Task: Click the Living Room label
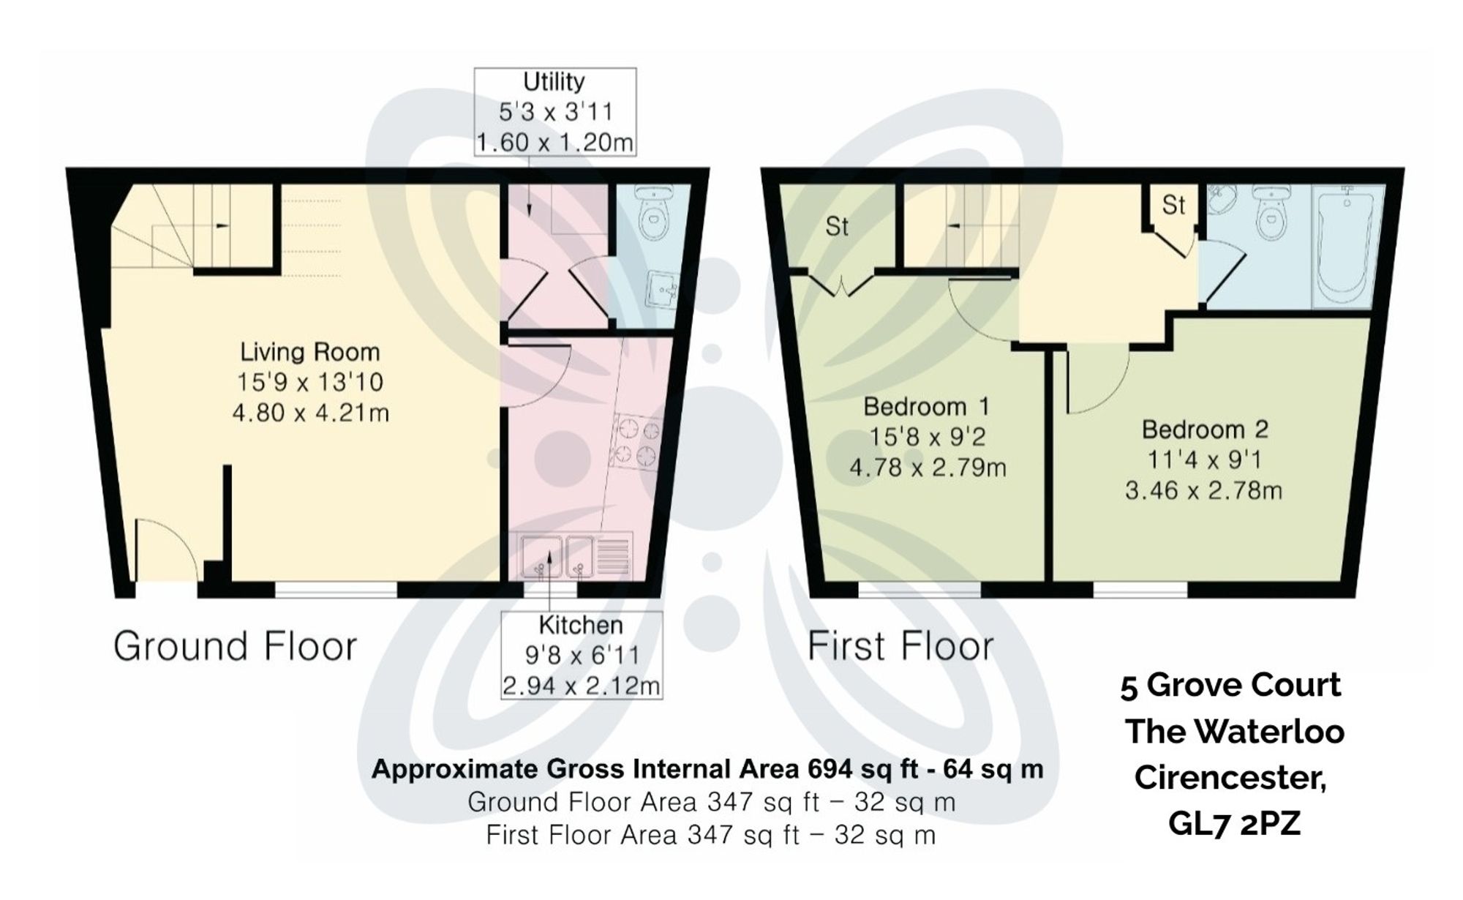click(310, 352)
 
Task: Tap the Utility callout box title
click(554, 81)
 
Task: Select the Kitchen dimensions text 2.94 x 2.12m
click(581, 686)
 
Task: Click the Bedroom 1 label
click(926, 406)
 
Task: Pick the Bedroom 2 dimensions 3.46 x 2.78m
click(1203, 490)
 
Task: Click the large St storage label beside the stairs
click(836, 227)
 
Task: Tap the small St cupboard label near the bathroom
click(1173, 205)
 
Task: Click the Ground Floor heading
click(235, 646)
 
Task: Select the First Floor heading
click(900, 646)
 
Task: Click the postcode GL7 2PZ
click(1234, 823)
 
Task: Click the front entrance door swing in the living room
click(165, 549)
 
